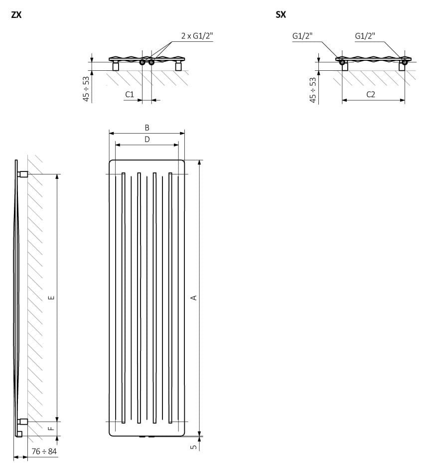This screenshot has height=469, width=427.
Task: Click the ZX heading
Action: point(16,14)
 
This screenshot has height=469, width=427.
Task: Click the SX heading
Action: point(281,14)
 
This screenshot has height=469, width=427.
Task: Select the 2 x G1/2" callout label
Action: point(197,36)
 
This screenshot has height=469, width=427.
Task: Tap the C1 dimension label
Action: point(130,95)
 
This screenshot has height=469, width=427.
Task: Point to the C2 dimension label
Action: point(371,95)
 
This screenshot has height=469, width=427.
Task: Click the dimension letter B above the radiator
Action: point(147,128)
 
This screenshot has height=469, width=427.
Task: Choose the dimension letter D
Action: point(147,140)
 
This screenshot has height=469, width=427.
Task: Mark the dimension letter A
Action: point(194,298)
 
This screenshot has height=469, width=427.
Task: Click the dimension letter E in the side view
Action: point(51,298)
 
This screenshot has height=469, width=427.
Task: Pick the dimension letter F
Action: point(51,428)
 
